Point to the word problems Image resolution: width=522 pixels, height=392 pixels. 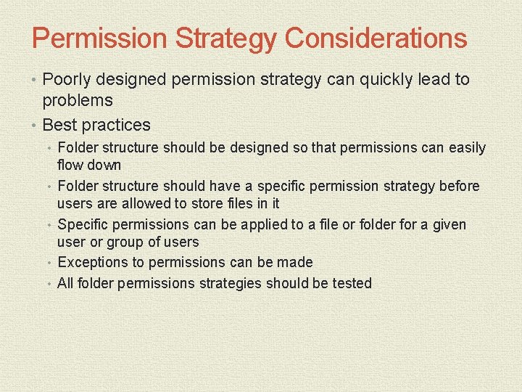pyautogui.click(x=78, y=100)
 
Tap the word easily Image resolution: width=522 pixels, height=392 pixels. pyautogui.click(x=467, y=148)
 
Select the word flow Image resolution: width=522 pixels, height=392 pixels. pyautogui.click(x=70, y=165)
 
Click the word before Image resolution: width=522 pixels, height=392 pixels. pyautogui.click(x=459, y=187)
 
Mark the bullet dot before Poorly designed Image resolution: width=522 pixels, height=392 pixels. pyautogui.click(x=36, y=80)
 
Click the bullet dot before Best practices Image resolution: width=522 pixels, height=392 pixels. pyautogui.click(x=36, y=125)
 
